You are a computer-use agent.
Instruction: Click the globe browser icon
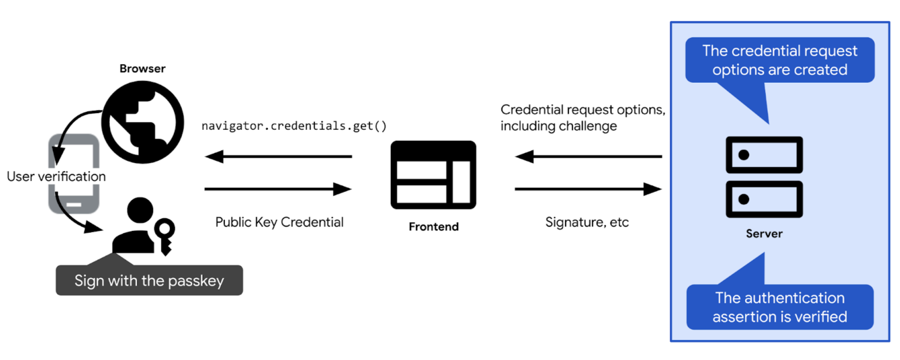click(x=143, y=122)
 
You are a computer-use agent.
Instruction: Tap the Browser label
click(x=143, y=69)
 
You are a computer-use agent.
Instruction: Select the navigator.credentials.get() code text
click(x=294, y=126)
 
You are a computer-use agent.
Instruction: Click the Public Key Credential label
click(x=279, y=222)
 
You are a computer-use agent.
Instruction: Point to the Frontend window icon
click(x=433, y=175)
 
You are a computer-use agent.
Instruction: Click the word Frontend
click(x=433, y=227)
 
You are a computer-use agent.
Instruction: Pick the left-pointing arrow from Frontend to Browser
click(x=278, y=156)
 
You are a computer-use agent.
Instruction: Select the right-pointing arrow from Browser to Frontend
click(x=278, y=189)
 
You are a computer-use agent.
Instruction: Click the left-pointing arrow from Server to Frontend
click(x=588, y=156)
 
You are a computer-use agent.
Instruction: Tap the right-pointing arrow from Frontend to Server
click(x=588, y=189)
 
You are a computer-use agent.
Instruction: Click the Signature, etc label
click(x=587, y=222)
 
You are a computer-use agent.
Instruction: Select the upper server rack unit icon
click(x=764, y=155)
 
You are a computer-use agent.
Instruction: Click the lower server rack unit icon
click(x=764, y=199)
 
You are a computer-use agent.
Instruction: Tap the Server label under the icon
click(x=764, y=234)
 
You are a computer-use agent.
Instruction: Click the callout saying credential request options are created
click(x=779, y=60)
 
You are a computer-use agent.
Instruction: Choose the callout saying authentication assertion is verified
click(x=779, y=307)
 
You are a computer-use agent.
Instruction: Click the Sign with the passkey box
click(x=149, y=280)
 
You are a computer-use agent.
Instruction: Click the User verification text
click(x=56, y=176)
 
